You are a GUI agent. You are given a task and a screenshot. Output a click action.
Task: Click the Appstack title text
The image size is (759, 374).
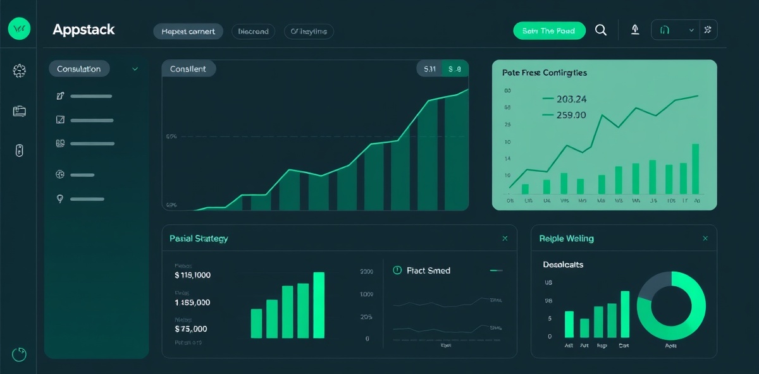coord(83,30)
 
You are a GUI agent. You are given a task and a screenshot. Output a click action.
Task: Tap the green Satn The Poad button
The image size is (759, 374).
coord(549,31)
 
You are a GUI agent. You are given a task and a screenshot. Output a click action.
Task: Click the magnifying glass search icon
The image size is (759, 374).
coord(601,30)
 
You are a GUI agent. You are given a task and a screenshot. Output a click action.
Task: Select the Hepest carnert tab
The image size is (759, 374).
coord(188,32)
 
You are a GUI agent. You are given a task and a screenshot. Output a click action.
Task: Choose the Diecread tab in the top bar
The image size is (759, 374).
coord(253,32)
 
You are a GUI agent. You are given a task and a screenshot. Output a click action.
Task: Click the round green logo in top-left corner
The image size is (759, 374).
coord(19,28)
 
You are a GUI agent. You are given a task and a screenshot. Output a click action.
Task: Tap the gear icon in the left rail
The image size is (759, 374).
coord(20,71)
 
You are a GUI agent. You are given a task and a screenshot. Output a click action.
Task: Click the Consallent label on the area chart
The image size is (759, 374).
coord(188,69)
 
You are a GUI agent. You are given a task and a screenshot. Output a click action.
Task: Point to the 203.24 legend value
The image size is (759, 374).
coord(571,99)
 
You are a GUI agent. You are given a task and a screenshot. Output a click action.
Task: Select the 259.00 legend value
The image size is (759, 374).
coord(571,115)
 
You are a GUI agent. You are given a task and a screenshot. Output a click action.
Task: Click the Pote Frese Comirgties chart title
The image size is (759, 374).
coord(544,73)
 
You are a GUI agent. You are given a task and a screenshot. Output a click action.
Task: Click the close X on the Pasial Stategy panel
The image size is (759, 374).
coord(505,239)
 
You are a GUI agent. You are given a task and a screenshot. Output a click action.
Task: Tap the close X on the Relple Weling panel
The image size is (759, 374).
coord(705,239)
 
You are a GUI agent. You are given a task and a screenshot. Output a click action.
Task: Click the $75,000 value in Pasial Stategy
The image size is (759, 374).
coord(190,329)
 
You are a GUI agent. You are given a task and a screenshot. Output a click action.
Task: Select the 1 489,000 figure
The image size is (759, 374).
coord(192,303)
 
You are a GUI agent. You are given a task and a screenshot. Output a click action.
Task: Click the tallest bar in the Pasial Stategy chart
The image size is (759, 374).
coord(319,305)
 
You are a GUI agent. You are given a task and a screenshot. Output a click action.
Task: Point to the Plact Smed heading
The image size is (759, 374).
coord(428,270)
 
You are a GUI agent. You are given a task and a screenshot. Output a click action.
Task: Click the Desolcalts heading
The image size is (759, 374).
coord(563,265)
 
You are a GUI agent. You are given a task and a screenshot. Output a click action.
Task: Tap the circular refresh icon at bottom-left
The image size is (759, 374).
coord(20,354)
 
